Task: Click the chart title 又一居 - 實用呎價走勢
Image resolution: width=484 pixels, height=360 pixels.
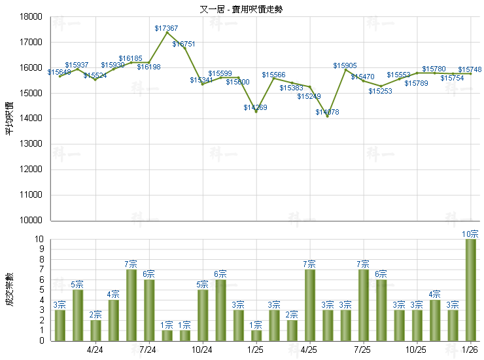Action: tap(241, 9)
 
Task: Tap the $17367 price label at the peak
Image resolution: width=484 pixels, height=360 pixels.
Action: tap(166, 28)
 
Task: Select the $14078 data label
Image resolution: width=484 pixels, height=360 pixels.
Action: tap(327, 113)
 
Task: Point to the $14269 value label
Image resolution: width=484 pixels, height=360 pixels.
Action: tap(256, 107)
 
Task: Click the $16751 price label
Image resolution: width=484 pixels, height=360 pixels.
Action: tap(184, 44)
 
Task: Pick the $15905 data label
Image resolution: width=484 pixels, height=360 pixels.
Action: tap(345, 66)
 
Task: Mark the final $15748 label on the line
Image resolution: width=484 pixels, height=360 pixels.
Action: tap(470, 69)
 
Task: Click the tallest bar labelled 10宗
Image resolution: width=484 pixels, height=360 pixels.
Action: tap(470, 289)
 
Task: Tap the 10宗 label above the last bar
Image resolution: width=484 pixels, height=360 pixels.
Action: tap(470, 234)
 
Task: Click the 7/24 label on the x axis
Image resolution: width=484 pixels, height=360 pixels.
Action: tap(148, 350)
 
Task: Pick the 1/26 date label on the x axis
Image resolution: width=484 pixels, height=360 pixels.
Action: tap(470, 350)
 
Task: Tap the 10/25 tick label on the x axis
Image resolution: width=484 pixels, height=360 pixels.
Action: tap(417, 350)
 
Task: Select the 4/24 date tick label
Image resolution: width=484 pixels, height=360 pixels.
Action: tap(95, 350)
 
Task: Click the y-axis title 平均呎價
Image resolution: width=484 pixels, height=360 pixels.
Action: tap(9, 118)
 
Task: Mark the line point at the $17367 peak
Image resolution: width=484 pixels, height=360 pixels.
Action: tap(167, 33)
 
